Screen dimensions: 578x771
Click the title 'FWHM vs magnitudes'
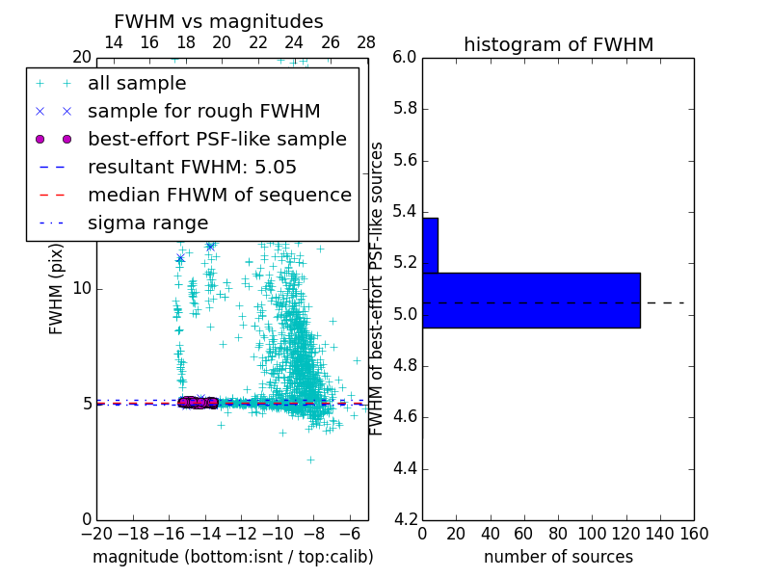pyautogui.click(x=219, y=21)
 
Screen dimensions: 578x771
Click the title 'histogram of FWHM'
pyautogui.click(x=558, y=44)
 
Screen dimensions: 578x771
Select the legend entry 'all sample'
pyautogui.click(x=137, y=84)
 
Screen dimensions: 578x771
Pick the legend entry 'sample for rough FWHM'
pyautogui.click(x=203, y=112)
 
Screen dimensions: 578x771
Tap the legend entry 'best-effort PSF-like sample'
pyautogui.click(x=217, y=140)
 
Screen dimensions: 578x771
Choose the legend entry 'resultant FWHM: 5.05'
pyautogui.click(x=192, y=168)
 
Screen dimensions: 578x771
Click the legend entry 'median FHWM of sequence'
pyautogui.click(x=219, y=196)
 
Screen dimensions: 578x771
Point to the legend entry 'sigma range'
pyautogui.click(x=147, y=223)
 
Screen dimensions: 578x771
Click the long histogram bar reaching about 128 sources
pyautogui.click(x=531, y=301)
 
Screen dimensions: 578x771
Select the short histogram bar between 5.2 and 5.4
pyautogui.click(x=430, y=246)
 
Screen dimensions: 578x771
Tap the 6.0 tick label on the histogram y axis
pyautogui.click(x=405, y=57)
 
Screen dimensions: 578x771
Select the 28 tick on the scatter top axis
pyautogui.click(x=366, y=42)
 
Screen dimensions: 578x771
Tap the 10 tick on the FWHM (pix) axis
pyautogui.click(x=83, y=288)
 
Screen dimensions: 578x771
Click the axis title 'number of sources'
pyautogui.click(x=558, y=557)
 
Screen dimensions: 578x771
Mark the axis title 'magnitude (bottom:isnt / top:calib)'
pyautogui.click(x=232, y=557)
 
